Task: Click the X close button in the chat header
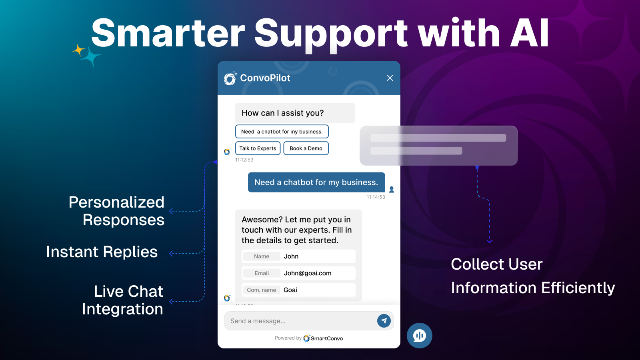390,78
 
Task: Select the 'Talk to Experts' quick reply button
258,148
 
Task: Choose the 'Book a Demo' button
306,148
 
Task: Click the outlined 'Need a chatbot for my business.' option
282,132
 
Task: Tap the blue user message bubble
316,182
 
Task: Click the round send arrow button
384,321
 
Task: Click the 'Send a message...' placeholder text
258,321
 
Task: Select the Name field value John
291,256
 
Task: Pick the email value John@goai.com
308,273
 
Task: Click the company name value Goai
290,290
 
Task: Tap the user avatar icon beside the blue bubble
392,190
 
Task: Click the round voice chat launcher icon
420,336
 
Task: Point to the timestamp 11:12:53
244,160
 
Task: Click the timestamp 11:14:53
376,197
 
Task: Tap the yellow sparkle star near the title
78,50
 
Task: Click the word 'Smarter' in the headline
168,32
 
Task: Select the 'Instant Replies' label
102,252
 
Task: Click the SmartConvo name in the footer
326,338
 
